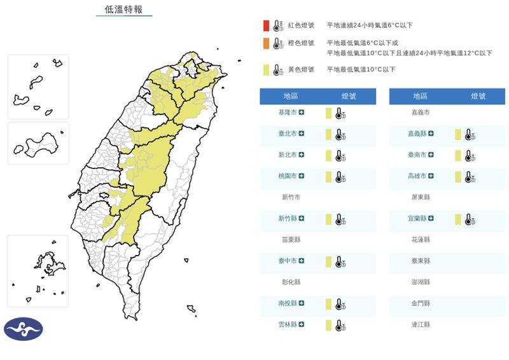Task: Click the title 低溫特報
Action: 123,10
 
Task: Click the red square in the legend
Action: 265,25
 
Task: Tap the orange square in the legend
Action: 265,43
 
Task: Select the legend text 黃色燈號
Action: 301,69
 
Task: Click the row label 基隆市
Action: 288,113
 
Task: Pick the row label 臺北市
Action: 288,134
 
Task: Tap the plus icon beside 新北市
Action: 302,155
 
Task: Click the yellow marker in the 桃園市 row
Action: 328,176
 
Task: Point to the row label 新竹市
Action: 291,197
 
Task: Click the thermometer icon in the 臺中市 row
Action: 340,261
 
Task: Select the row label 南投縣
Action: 288,303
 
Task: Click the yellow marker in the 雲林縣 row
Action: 328,325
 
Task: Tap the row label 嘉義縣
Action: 417,134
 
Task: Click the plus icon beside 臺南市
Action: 431,155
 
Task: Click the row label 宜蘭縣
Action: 417,218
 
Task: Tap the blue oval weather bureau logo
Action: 24,329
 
